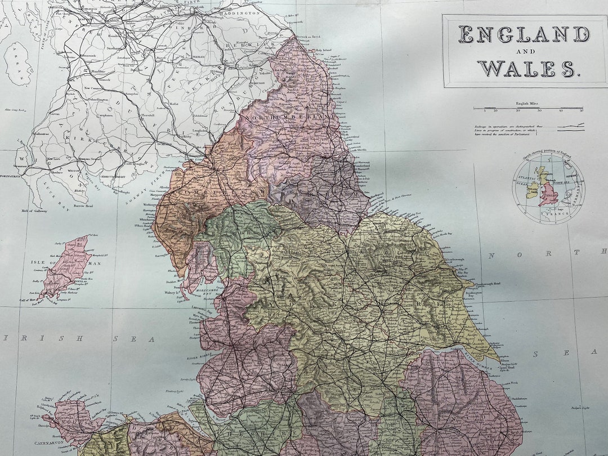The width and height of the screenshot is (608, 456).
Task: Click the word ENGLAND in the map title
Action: point(524,35)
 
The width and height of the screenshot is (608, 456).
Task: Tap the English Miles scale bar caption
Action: point(528,104)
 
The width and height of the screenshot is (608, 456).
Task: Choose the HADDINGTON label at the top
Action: point(239,12)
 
